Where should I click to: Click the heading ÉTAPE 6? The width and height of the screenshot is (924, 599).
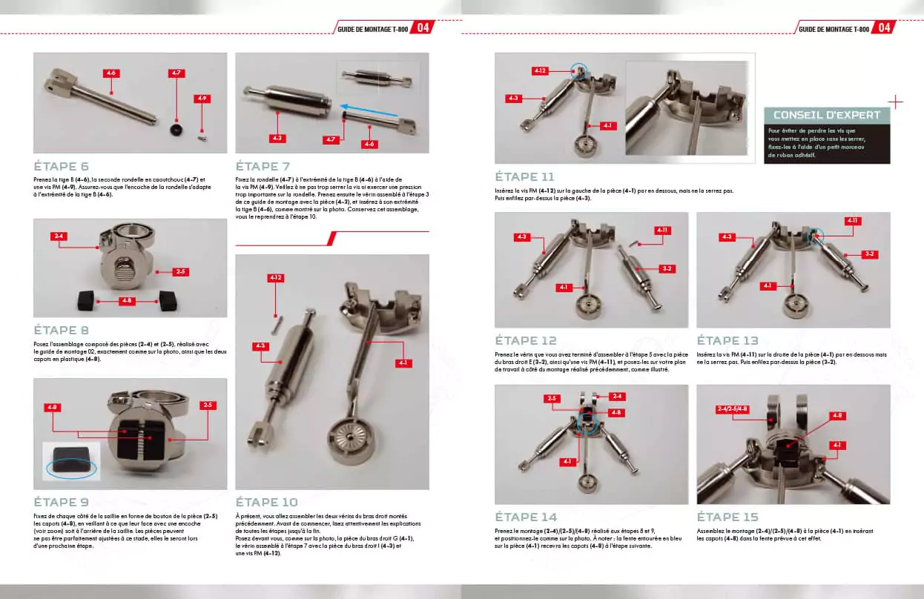(x=62, y=167)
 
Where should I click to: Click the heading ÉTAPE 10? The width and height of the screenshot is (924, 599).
(x=266, y=502)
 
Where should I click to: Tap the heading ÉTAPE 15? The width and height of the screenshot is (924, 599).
(x=727, y=517)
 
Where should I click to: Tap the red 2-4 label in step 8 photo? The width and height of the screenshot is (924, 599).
(x=59, y=236)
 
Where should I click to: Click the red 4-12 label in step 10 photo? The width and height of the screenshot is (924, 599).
(x=276, y=278)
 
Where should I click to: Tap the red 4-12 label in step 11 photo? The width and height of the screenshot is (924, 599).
(x=539, y=70)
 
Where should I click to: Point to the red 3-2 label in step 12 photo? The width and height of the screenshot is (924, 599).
(x=667, y=268)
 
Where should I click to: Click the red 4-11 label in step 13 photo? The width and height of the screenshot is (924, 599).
(x=853, y=221)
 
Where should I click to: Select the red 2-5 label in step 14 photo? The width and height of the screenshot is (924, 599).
(x=551, y=398)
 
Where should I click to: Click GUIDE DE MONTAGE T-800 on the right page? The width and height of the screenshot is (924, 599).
(x=834, y=28)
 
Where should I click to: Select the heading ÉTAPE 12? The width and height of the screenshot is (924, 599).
(x=527, y=340)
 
